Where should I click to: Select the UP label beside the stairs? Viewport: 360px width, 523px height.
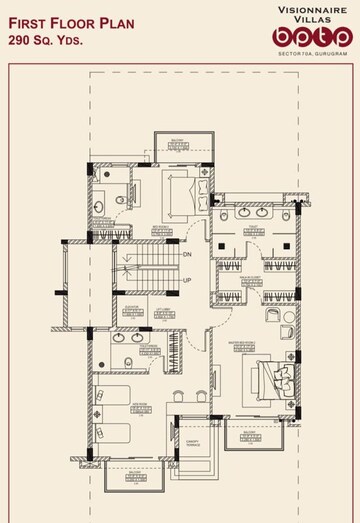[x=187, y=281]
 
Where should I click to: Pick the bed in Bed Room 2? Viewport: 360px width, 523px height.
[x=183, y=187]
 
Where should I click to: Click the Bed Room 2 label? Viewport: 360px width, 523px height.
[x=160, y=227]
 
